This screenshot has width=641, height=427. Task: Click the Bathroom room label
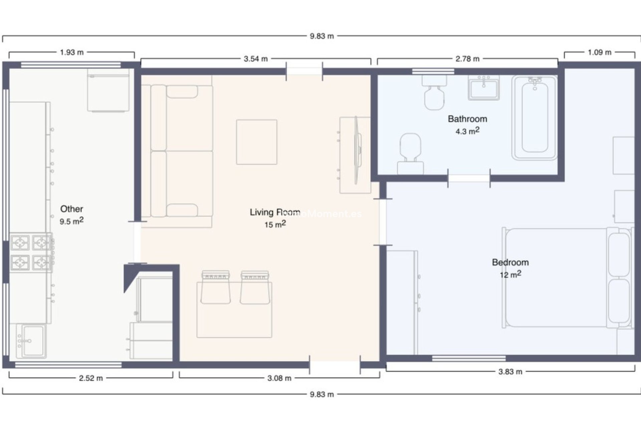pyautogui.click(x=467, y=119)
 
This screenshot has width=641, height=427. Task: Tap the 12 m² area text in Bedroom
pyautogui.click(x=510, y=275)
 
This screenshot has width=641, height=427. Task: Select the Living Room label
pyautogui.click(x=274, y=212)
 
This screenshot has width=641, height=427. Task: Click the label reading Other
pyautogui.click(x=71, y=209)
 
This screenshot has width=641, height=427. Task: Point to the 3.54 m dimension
pyautogui.click(x=255, y=59)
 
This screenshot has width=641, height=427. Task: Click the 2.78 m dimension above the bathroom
pyautogui.click(x=467, y=59)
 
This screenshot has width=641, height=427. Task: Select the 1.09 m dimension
pyautogui.click(x=599, y=52)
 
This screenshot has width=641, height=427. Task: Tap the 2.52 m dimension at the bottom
pyautogui.click(x=90, y=378)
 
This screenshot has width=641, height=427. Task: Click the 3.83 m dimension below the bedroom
pyautogui.click(x=510, y=372)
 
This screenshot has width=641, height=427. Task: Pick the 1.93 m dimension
pyautogui.click(x=71, y=52)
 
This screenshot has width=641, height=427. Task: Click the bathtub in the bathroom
pyautogui.click(x=535, y=118)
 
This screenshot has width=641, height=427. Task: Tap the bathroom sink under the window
pyautogui.click(x=484, y=88)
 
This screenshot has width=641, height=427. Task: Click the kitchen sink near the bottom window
pyautogui.click(x=31, y=341)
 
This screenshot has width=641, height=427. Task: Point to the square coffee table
pyautogui.click(x=256, y=142)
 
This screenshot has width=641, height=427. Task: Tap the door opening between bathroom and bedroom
pyautogui.click(x=469, y=178)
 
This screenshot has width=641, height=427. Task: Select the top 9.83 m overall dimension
pyautogui.click(x=322, y=36)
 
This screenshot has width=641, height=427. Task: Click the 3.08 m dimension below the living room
pyautogui.click(x=279, y=378)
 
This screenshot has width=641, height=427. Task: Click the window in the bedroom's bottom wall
pyautogui.click(x=468, y=358)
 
